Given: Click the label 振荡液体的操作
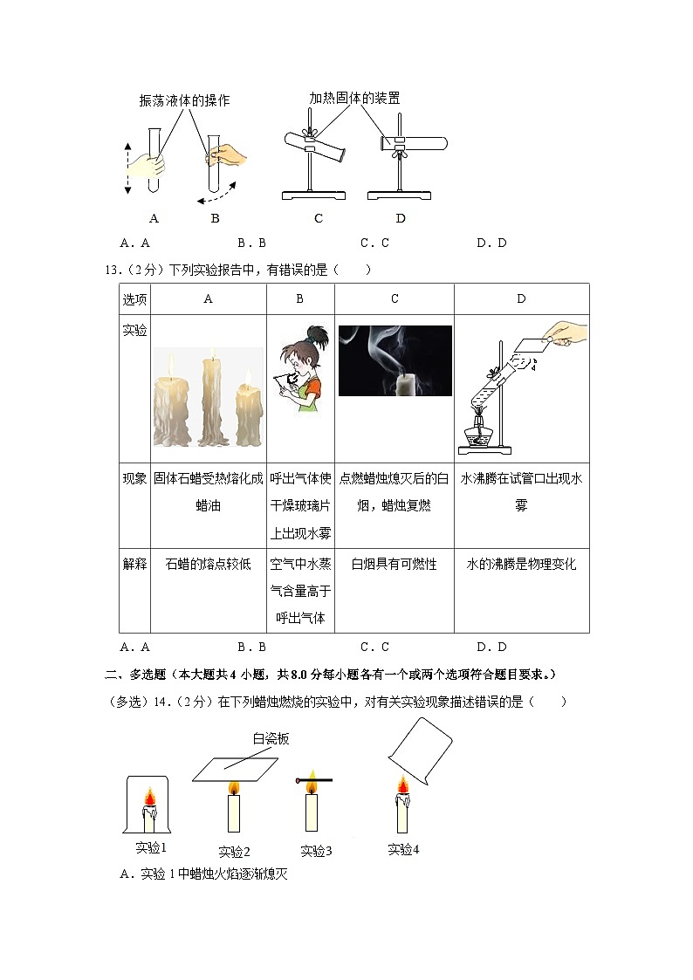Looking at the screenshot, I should [184, 100].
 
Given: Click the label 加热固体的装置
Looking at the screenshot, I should [354, 99].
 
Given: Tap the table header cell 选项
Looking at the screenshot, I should [134, 299].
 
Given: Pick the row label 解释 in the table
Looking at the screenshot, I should [134, 564].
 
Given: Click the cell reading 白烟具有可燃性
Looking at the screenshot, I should [394, 564].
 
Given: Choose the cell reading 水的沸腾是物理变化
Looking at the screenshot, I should [521, 564].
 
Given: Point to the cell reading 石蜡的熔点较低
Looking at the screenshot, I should [208, 564].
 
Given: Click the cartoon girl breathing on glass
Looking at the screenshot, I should [300, 369].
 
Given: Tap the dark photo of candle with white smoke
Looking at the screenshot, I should [395, 360].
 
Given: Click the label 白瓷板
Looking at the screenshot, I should [271, 738].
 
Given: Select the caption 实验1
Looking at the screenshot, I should [151, 847].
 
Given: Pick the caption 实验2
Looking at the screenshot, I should [234, 852].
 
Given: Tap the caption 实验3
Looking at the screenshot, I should [316, 851].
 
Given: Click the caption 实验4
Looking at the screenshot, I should [403, 849].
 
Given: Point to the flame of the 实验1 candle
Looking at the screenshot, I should [149, 798].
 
